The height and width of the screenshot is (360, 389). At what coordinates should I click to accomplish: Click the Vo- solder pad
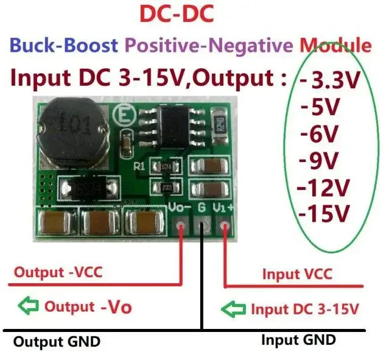tap(180, 228)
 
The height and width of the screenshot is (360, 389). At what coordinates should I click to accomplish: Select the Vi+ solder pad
tap(225, 228)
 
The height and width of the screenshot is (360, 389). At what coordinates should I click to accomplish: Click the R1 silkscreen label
tap(139, 164)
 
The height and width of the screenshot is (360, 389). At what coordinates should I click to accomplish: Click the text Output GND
tap(57, 342)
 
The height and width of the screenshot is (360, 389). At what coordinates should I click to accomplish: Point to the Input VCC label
tap(297, 274)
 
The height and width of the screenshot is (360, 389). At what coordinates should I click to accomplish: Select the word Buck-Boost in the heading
tap(66, 44)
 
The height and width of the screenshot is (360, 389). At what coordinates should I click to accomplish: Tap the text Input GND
tap(298, 339)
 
